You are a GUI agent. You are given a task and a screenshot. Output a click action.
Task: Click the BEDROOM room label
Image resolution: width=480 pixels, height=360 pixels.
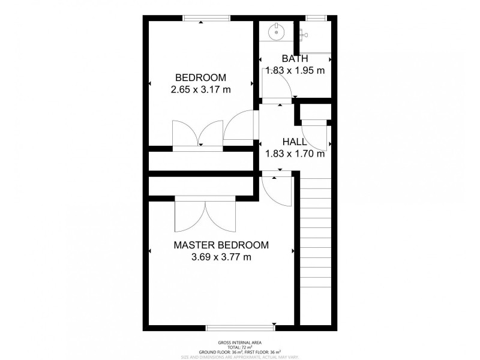(x=200, y=77)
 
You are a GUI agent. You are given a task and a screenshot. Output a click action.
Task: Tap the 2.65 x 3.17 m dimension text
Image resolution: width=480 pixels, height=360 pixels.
(x=200, y=90)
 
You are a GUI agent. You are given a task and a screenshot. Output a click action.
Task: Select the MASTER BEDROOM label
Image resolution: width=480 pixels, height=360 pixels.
(x=221, y=245)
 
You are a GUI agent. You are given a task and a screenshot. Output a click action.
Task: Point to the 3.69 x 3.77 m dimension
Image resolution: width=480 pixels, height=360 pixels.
(x=221, y=257)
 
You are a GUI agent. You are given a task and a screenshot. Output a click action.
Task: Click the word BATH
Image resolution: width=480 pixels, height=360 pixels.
(x=295, y=58)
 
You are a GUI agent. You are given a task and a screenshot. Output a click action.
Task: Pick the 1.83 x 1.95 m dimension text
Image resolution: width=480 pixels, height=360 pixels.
(x=295, y=70)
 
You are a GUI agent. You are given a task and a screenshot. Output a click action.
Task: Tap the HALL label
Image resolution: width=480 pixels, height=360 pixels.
(x=295, y=142)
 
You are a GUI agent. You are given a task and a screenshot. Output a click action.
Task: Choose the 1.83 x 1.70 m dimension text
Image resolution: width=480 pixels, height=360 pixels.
(x=295, y=154)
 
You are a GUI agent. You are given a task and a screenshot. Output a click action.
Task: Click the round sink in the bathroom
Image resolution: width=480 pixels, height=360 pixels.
(x=277, y=31)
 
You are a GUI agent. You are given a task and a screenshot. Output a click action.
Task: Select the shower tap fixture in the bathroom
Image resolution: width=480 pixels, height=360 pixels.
(x=304, y=35)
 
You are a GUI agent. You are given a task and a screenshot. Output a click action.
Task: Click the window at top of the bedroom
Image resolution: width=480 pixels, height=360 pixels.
(x=206, y=19)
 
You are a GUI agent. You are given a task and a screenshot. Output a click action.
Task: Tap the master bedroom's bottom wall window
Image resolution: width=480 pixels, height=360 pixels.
(x=240, y=328)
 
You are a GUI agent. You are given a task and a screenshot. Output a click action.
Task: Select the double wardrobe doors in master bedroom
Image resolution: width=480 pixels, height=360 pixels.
(x=206, y=215)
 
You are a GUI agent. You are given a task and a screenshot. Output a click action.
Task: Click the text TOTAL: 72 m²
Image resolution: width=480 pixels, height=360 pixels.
(x=240, y=347)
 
